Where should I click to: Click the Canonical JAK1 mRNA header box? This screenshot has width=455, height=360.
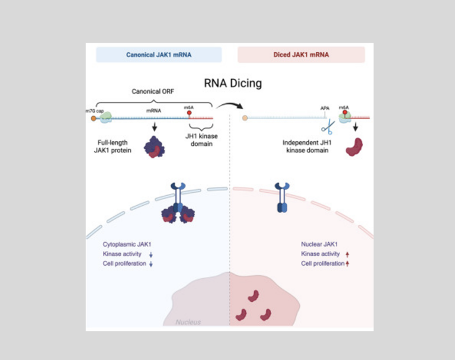point(159,55)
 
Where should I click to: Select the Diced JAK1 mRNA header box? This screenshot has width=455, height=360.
point(301,55)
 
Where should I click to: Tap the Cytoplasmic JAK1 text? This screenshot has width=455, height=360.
point(125,244)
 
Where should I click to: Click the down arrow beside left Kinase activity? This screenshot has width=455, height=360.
point(151,254)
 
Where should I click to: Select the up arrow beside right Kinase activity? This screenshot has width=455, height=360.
point(348,254)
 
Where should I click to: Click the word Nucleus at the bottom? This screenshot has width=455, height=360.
point(188,322)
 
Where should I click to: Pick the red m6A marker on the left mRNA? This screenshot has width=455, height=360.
point(189,112)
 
